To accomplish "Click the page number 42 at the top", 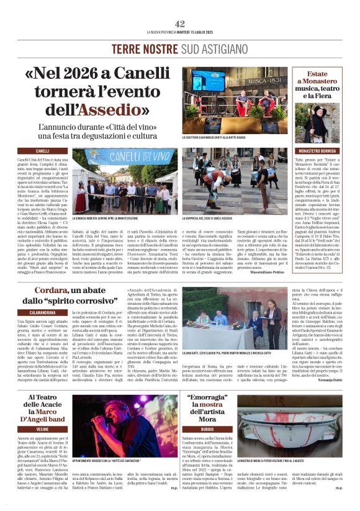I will pyautogui.click(x=180, y=24).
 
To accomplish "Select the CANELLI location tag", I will pyautogui.click(x=43, y=151).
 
